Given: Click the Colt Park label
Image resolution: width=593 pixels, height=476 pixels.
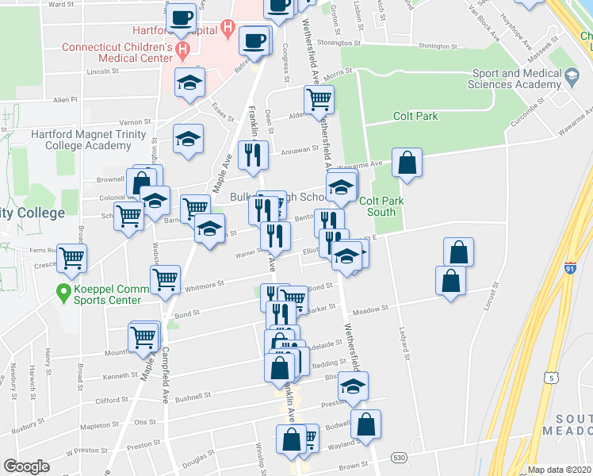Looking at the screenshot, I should pos(415,116).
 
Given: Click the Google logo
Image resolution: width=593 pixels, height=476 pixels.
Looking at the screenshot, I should pos(26,466).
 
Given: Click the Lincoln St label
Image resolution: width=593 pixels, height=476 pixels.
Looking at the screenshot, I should pos(102,71).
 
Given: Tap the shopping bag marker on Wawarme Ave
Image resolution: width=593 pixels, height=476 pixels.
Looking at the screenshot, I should pos(407,163).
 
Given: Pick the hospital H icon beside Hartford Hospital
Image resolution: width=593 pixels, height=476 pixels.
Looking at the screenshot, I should pos(228,29).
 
